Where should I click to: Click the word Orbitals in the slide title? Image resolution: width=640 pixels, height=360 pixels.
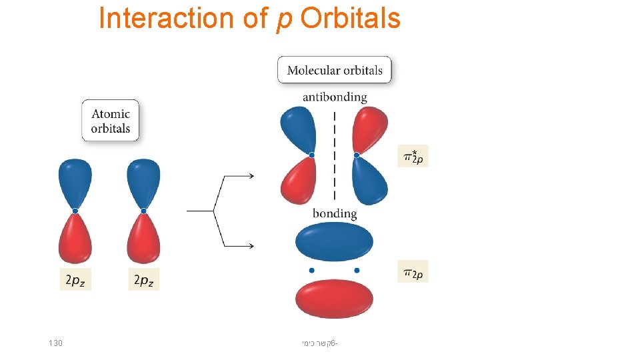350,18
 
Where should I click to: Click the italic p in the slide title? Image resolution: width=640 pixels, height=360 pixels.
282,20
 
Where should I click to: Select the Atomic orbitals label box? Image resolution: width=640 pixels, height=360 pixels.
111,121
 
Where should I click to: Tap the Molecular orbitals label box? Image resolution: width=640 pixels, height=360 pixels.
335,70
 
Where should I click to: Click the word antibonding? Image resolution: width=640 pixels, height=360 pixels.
335,97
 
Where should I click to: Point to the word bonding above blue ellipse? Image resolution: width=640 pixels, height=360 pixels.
335,213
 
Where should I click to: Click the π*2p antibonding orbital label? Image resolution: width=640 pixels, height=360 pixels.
413,156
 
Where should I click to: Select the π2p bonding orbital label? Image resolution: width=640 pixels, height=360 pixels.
413,271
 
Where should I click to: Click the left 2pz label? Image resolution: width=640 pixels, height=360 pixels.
75,280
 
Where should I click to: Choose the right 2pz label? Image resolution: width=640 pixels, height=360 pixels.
144,280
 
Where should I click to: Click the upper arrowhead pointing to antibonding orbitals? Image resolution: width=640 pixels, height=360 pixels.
251,176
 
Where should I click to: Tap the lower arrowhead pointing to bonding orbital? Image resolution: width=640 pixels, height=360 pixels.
251,246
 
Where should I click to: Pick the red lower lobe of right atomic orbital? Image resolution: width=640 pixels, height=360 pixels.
144,240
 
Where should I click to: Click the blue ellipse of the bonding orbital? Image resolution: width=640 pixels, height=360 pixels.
334,241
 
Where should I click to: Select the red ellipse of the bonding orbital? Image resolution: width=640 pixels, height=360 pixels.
334,299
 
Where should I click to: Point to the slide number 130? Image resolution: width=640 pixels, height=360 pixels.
55,343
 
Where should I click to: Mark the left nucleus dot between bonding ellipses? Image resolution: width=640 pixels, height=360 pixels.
311,270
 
